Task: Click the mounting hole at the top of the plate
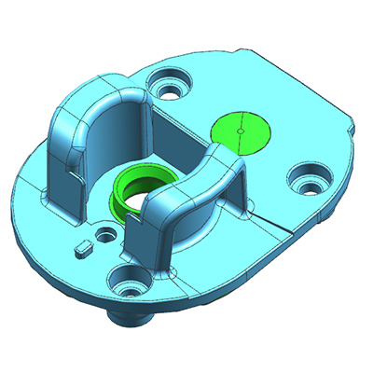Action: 171,86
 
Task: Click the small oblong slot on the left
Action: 83,248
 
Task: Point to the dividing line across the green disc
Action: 241,121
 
